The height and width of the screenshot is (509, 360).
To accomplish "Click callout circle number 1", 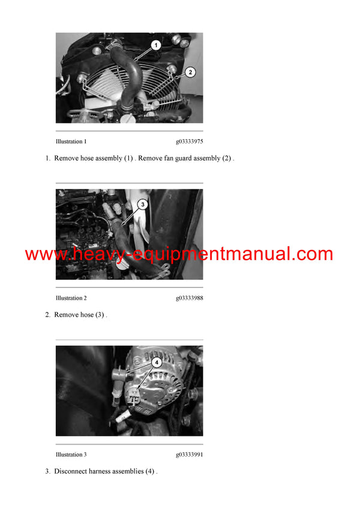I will click(155, 45).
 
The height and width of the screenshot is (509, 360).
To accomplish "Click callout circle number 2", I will click(190, 73).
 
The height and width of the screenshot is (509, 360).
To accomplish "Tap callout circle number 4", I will click(156, 362).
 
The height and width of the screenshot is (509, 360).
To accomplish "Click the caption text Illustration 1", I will click(71, 142).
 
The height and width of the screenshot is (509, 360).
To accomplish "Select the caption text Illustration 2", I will click(71, 299).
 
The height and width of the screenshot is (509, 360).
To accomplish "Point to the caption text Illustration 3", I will click(71, 455).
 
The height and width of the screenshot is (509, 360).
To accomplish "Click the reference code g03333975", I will click(189, 142).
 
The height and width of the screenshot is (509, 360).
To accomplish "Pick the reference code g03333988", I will click(189, 299).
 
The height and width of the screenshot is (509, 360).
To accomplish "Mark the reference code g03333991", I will click(189, 455).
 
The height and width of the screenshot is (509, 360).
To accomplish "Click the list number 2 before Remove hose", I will click(47, 315).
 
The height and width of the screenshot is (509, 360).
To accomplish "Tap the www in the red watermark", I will click(46, 254).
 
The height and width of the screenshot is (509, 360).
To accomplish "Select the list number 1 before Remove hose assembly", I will click(47, 158).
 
